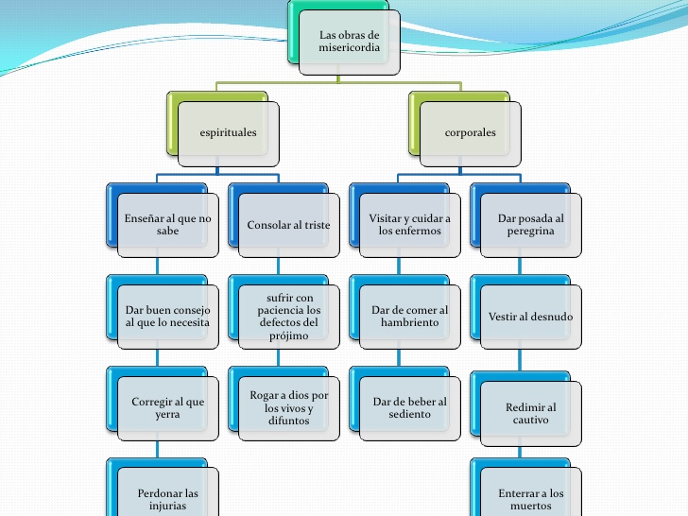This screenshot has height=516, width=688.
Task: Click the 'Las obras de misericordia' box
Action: point(349,42)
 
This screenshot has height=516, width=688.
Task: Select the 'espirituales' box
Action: point(228,132)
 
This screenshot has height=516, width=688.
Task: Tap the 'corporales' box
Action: point(470,132)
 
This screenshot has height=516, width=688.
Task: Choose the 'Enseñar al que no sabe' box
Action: point(167,224)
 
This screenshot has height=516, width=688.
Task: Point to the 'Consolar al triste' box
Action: point(288,225)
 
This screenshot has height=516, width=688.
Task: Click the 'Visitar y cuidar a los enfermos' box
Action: point(409,224)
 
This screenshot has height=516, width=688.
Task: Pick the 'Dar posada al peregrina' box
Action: point(530,224)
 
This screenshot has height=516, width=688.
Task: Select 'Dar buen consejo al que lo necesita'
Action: point(167,316)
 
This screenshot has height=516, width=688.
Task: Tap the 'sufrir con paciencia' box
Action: point(288,316)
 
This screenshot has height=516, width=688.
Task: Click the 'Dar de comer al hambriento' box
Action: point(409,316)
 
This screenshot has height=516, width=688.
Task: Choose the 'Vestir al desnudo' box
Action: point(530,317)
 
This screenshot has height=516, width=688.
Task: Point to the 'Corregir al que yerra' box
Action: point(167,407)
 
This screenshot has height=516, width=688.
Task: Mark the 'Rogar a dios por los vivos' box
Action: point(288,407)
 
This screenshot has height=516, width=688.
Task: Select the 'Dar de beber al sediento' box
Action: point(409,407)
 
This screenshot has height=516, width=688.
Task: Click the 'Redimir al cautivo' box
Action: point(530,413)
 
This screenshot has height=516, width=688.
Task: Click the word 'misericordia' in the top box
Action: point(349,48)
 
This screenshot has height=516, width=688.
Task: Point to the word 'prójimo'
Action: point(288,335)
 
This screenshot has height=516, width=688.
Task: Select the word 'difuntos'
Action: point(287,421)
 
